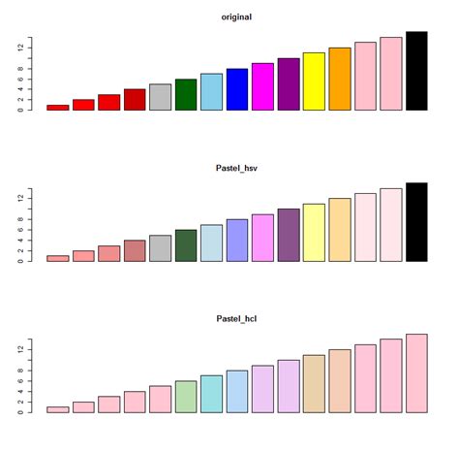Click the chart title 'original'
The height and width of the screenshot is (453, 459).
click(x=236, y=17)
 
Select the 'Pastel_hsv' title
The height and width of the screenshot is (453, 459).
click(x=236, y=169)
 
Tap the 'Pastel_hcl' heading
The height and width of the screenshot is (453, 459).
click(x=236, y=319)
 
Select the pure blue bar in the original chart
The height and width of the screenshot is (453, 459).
click(x=237, y=89)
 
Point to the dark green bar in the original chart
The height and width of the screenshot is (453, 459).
click(x=186, y=95)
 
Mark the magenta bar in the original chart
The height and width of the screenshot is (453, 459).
click(x=262, y=86)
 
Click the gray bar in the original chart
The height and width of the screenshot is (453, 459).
click(x=161, y=97)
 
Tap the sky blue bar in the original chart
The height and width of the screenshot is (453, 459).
click(x=211, y=92)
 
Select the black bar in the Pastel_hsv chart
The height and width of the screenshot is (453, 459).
click(x=416, y=222)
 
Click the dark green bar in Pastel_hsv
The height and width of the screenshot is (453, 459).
click(x=186, y=245)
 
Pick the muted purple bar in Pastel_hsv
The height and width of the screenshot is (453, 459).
click(x=289, y=235)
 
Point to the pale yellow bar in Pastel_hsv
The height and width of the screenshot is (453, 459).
click(x=314, y=233)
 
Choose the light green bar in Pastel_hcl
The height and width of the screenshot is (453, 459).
click(x=186, y=397)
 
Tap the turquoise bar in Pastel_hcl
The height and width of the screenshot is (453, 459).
click(x=211, y=394)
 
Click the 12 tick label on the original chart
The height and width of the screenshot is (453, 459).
click(x=19, y=47)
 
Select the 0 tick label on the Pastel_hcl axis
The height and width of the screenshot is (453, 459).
click(x=19, y=412)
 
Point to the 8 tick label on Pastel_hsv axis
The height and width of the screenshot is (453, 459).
click(x=19, y=219)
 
